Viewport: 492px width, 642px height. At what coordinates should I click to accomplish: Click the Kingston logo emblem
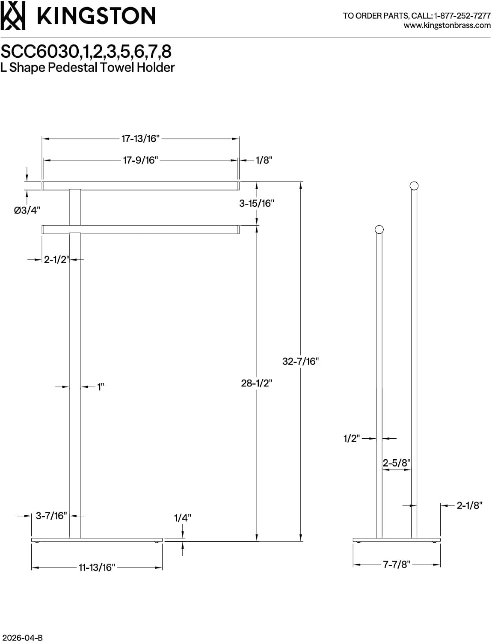click(x=13, y=15)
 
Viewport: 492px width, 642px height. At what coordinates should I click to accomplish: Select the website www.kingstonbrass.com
click(x=447, y=25)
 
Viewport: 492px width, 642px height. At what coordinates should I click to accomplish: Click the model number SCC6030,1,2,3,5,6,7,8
click(x=86, y=51)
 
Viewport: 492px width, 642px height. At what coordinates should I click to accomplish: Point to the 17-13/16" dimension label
click(x=141, y=139)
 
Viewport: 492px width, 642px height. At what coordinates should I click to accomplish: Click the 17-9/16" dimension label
click(x=141, y=160)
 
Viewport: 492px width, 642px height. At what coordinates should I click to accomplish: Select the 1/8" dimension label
click(x=264, y=160)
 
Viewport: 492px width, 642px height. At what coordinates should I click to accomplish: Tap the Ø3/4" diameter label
click(x=27, y=210)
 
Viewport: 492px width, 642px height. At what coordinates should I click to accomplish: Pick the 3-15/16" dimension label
click(x=257, y=203)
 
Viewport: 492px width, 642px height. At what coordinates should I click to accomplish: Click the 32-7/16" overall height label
click(x=301, y=361)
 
